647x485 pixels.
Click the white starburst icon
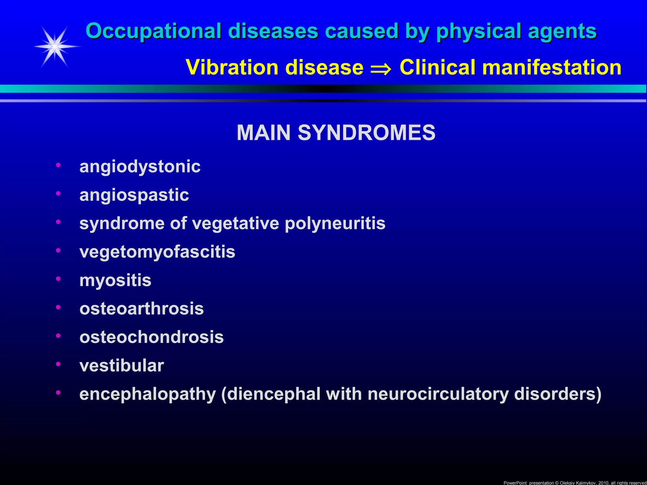tap(55, 47)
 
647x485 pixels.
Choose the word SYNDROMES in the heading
tap(366, 133)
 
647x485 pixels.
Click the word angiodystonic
tap(140, 166)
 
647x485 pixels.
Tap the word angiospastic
tap(134, 195)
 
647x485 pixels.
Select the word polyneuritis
tap(335, 223)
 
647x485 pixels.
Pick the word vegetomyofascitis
tap(157, 252)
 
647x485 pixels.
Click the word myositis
tap(115, 280)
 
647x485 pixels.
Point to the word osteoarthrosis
tap(142, 308)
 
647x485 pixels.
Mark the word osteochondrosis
tap(152, 337)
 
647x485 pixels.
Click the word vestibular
tap(122, 365)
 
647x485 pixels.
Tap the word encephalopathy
tap(148, 394)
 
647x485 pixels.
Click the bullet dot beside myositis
tap(58, 279)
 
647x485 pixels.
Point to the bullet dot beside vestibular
tap(58, 364)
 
